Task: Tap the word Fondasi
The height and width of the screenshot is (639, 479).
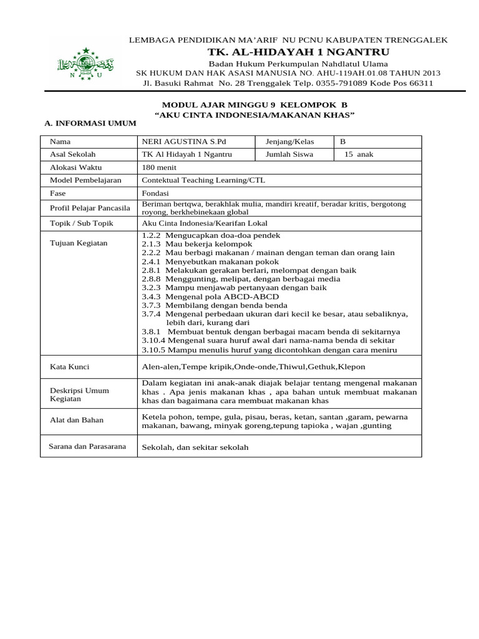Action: [157, 193]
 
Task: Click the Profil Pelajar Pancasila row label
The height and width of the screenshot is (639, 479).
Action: [89, 208]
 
